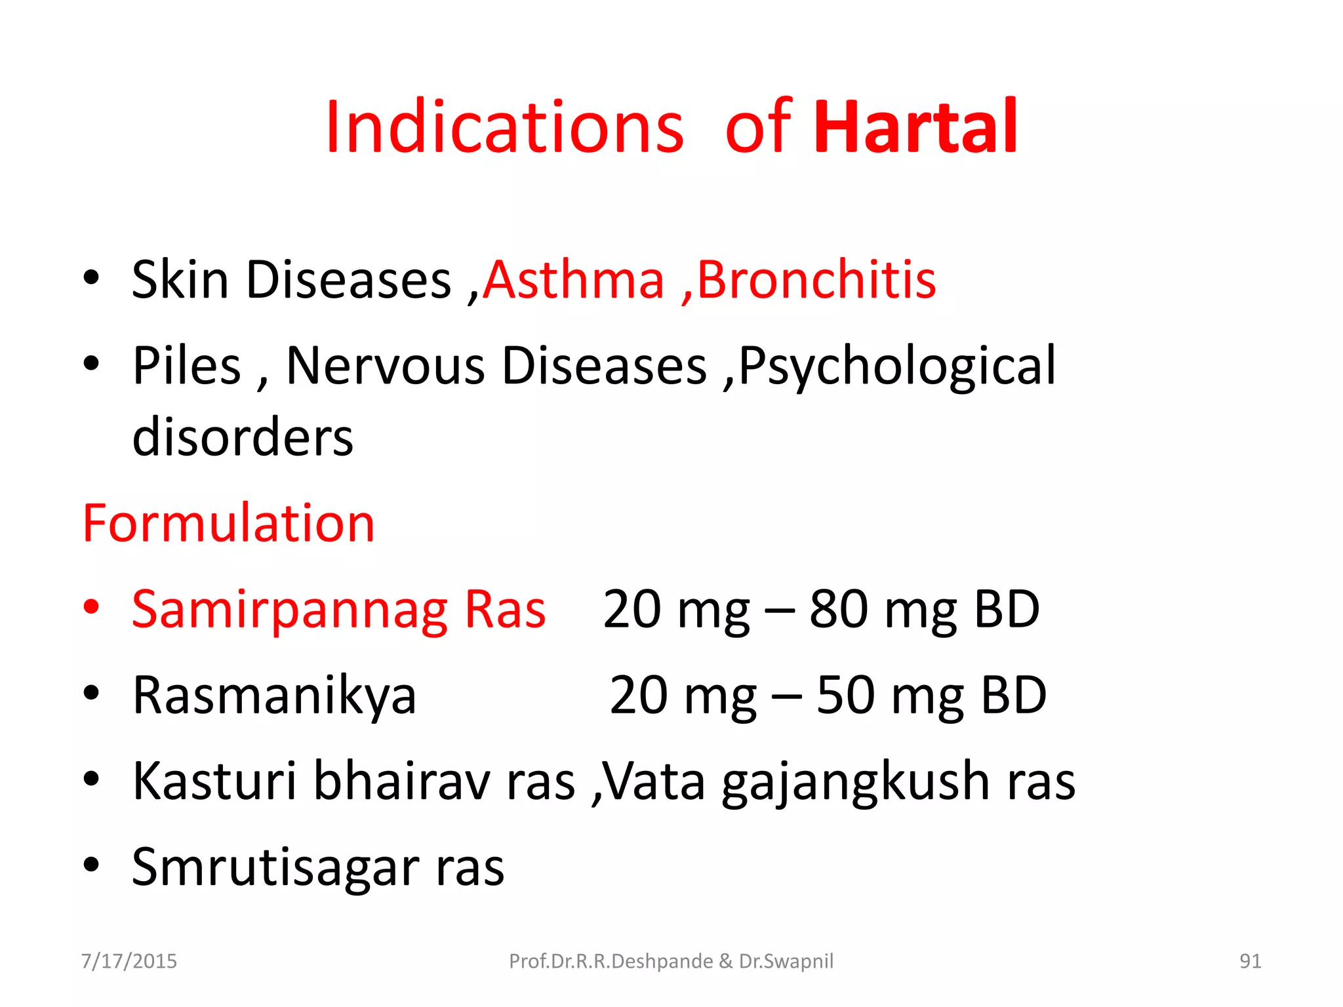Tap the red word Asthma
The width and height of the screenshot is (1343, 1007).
(x=574, y=280)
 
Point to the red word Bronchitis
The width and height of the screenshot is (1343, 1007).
(x=816, y=280)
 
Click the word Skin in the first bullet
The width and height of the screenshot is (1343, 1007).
(x=180, y=280)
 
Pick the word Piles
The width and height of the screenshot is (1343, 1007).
(x=187, y=366)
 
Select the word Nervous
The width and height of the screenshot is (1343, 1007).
(x=385, y=366)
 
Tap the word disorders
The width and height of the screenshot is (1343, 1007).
(x=243, y=437)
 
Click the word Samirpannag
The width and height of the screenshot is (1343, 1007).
(x=290, y=610)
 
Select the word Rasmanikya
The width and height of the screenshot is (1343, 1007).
(x=274, y=696)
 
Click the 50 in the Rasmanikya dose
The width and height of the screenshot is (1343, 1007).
(x=845, y=696)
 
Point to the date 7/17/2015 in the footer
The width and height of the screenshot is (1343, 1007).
(x=129, y=961)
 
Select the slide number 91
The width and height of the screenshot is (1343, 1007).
(x=1250, y=961)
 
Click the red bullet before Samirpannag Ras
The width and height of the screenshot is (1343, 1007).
(x=91, y=606)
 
